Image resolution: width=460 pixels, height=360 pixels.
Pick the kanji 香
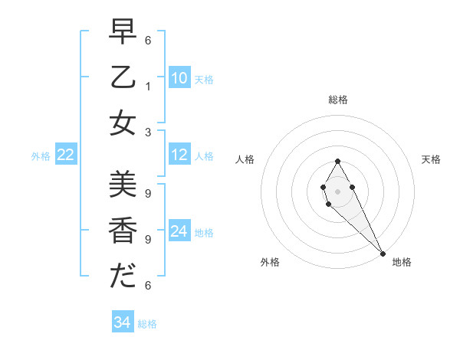[123, 230]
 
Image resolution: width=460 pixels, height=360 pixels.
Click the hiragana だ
[123, 275]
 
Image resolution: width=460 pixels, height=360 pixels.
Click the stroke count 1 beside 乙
[148, 86]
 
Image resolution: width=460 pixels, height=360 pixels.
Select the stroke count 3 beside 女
[148, 132]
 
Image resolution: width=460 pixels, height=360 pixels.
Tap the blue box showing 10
[179, 78]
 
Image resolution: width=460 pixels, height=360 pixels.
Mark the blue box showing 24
[179, 231]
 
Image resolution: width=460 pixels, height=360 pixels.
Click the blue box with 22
[65, 155]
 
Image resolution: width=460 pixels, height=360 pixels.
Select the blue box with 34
[122, 322]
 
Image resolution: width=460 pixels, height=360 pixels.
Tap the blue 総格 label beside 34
[147, 324]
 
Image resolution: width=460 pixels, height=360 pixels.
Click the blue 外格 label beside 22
[41, 156]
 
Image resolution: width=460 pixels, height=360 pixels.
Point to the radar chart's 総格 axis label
[337, 100]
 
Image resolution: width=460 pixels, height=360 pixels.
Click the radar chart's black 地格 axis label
[402, 262]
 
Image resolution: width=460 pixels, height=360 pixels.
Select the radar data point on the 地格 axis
[383, 254]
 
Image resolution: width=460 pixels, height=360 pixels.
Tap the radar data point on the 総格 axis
[337, 161]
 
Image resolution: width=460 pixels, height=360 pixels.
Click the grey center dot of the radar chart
[337, 191]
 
